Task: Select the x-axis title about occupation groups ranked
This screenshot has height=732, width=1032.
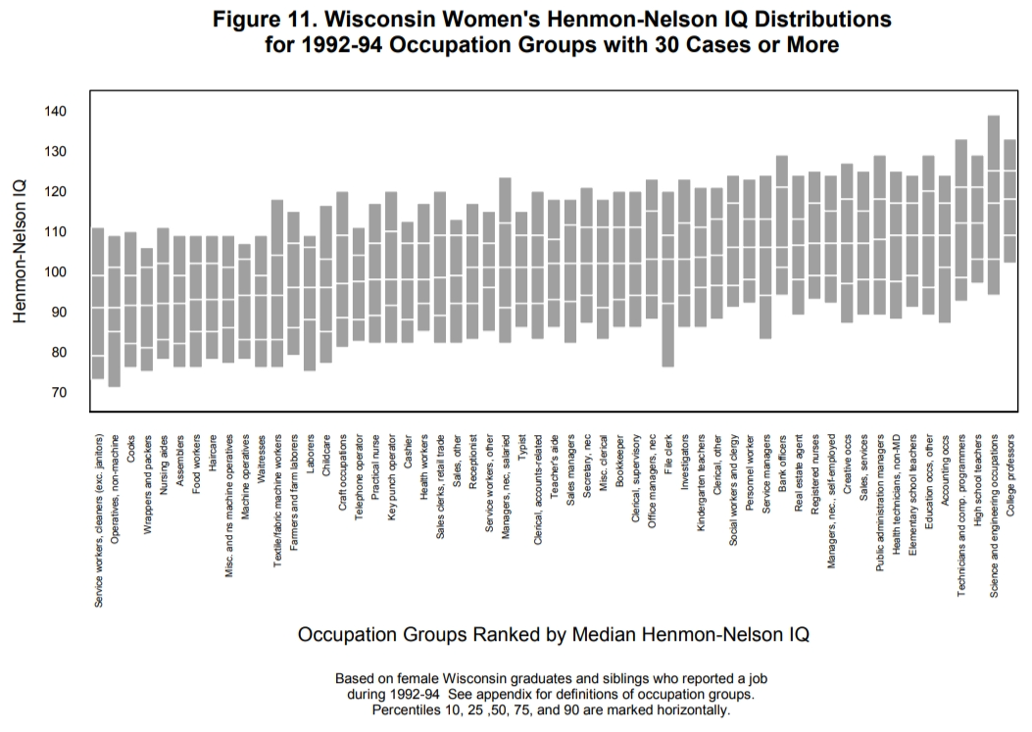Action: pyautogui.click(x=554, y=634)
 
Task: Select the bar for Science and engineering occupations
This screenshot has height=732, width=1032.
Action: pyautogui.click(x=993, y=205)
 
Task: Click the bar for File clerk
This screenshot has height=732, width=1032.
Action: pyautogui.click(x=668, y=279)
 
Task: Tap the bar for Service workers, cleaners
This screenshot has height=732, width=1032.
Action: pyautogui.click(x=98, y=303)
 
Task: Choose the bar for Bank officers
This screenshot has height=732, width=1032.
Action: pyautogui.click(x=782, y=225)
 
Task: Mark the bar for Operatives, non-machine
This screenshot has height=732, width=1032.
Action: pyautogui.click(x=115, y=311)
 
